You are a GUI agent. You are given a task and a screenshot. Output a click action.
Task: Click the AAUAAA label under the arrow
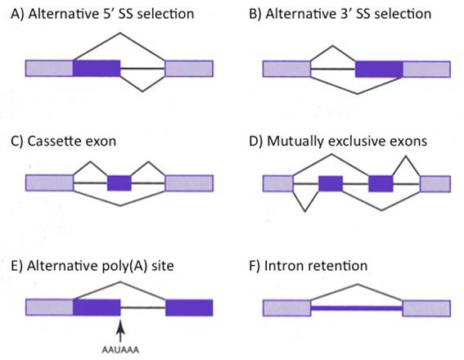[x=120, y=350]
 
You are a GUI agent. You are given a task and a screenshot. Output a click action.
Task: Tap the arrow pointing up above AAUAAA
[x=120, y=331]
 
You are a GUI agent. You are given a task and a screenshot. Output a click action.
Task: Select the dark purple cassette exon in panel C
[x=119, y=183]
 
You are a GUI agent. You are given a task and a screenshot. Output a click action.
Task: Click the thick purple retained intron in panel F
[x=357, y=308]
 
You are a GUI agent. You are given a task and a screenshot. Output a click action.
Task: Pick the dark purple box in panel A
[x=97, y=69]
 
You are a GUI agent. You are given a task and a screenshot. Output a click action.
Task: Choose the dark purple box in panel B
[x=379, y=70]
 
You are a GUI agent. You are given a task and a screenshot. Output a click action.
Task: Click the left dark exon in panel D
[x=331, y=184]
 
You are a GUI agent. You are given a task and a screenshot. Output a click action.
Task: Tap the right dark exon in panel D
[x=381, y=184]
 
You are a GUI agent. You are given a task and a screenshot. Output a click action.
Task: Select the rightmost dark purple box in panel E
[x=189, y=308]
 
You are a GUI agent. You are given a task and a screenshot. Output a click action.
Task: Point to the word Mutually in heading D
[x=295, y=141]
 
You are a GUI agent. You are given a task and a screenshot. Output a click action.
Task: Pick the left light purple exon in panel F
[x=286, y=308]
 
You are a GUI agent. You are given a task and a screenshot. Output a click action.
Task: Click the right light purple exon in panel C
[x=189, y=183]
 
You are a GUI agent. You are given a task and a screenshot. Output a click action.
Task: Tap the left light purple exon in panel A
[x=49, y=69]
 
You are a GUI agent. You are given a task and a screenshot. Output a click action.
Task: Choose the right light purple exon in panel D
[x=435, y=184]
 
